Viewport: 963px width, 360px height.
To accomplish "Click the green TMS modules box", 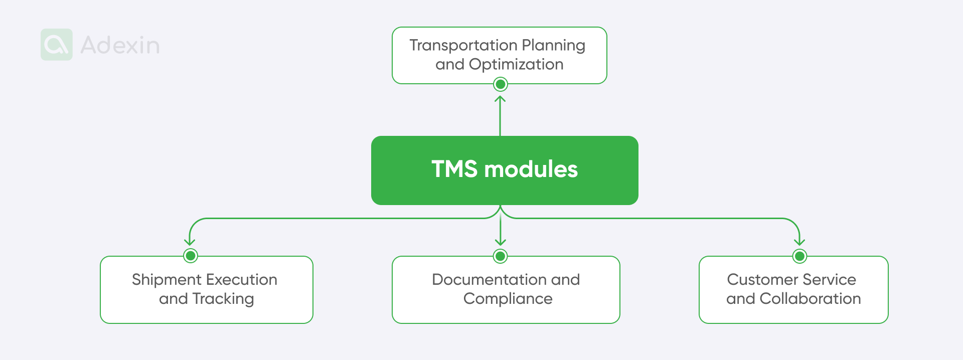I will (505, 170).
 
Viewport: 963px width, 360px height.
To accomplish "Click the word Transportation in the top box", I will (463, 46).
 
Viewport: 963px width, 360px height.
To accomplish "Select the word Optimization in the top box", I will (516, 65).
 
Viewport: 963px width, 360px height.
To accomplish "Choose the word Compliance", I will (508, 299).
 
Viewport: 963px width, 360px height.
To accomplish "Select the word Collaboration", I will (810, 299).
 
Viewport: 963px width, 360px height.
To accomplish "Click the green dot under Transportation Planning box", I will (500, 84).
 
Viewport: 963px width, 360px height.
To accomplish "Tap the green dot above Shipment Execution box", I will (190, 256).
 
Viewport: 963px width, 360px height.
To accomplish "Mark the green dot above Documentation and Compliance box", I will (500, 256).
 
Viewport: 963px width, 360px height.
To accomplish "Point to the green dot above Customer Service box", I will (799, 256).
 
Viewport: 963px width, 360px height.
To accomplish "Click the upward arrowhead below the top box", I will (500, 98).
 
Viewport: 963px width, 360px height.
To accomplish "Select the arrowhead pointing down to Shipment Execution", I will (190, 242).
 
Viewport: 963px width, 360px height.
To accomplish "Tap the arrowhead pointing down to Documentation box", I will (500, 242).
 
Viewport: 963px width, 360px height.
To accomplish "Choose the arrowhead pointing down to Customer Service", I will (799, 242).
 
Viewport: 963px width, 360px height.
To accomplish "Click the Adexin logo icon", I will (57, 45).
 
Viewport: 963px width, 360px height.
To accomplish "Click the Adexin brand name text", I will (120, 45).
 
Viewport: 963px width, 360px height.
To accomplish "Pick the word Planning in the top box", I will (553, 46).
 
